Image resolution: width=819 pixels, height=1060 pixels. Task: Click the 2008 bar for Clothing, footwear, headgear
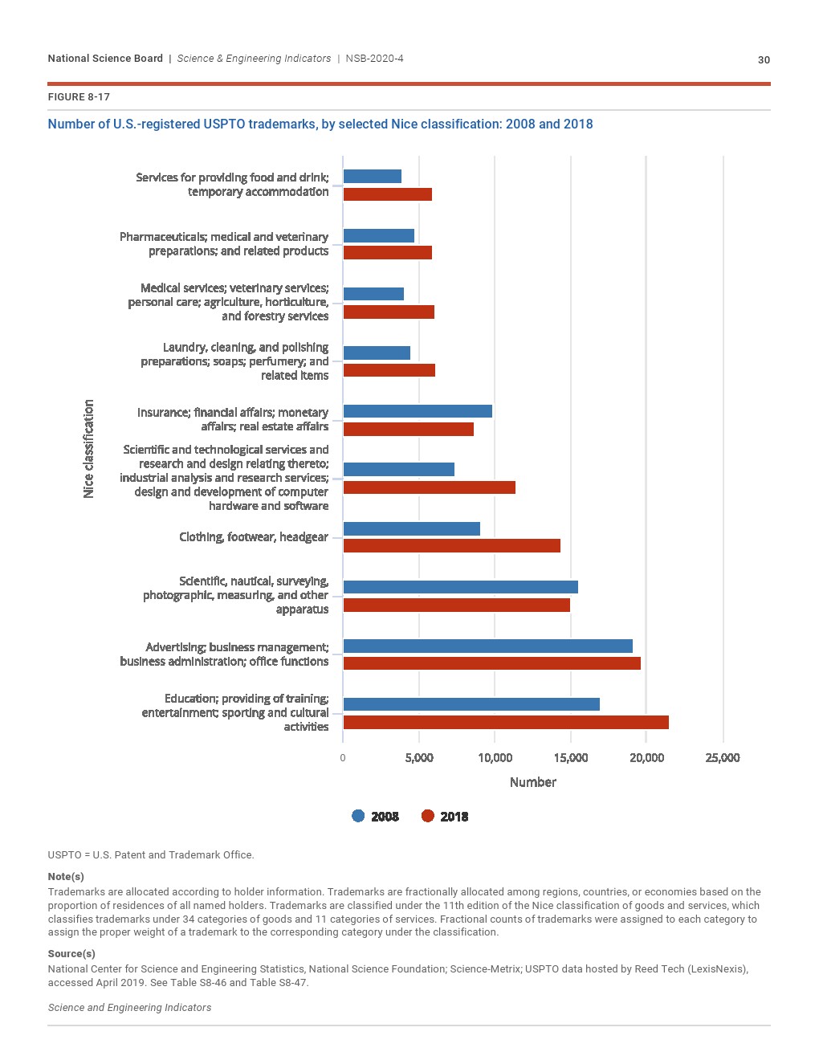tap(411, 528)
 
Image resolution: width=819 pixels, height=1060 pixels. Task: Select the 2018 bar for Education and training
tap(506, 722)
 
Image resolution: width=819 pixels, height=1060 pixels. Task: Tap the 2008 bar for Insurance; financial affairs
tap(418, 411)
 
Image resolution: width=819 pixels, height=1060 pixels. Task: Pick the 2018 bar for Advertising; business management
tap(491, 663)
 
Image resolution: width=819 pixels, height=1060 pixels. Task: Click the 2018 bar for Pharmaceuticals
tap(387, 253)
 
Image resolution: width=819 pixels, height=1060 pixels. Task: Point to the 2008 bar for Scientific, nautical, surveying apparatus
tap(460, 587)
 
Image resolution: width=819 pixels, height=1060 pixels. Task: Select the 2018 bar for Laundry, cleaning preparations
tap(389, 370)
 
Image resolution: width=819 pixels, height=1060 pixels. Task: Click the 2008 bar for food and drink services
tap(372, 177)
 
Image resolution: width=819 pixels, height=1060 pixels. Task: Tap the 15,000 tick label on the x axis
tap(570, 758)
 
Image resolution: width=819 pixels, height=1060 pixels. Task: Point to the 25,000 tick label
tap(722, 758)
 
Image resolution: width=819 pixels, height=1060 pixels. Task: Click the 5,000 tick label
tap(418, 758)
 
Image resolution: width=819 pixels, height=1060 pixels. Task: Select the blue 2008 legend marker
tap(358, 816)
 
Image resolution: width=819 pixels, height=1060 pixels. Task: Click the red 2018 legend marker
tap(427, 816)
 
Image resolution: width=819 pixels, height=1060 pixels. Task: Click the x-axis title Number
tap(532, 782)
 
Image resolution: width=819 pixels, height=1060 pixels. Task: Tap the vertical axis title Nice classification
tap(88, 448)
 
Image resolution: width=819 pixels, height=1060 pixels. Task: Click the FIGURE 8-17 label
tap(79, 97)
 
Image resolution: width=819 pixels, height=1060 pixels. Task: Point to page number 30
tap(764, 59)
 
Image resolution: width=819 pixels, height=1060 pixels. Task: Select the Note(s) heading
tap(66, 876)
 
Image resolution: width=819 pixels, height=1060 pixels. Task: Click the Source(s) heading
tap(71, 953)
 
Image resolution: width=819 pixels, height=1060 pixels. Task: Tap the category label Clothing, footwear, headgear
tap(253, 536)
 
